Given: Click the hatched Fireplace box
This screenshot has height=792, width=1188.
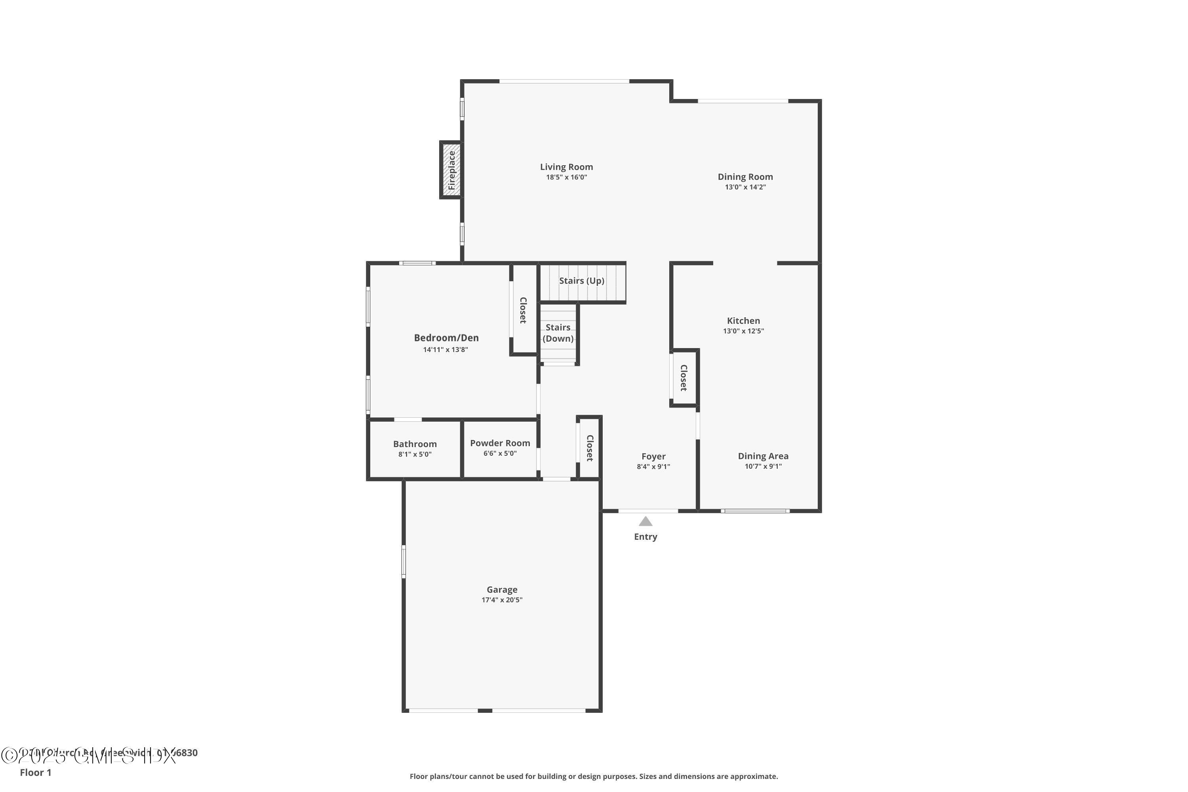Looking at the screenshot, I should pos(451,170).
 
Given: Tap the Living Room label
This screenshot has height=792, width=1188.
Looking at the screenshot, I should pos(566,167).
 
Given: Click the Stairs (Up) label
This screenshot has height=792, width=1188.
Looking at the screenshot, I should pos(581,281).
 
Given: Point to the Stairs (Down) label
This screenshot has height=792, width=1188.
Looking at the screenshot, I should pos(558,333).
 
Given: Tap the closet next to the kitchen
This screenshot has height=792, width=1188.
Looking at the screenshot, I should pos(684,378).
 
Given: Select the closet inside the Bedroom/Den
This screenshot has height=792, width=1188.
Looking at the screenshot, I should pos(523,310).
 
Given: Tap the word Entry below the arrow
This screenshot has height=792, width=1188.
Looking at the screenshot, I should pos(645,537).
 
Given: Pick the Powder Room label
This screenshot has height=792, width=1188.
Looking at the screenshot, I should pos(500,443).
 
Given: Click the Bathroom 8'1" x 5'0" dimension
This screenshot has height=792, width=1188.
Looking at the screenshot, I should pos(415,455).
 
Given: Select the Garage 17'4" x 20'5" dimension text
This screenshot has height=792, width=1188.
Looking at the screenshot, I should pos(502,600).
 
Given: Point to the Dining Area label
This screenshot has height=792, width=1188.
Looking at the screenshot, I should pos(763,456).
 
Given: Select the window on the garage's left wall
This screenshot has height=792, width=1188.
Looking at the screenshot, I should pos(404,561).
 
